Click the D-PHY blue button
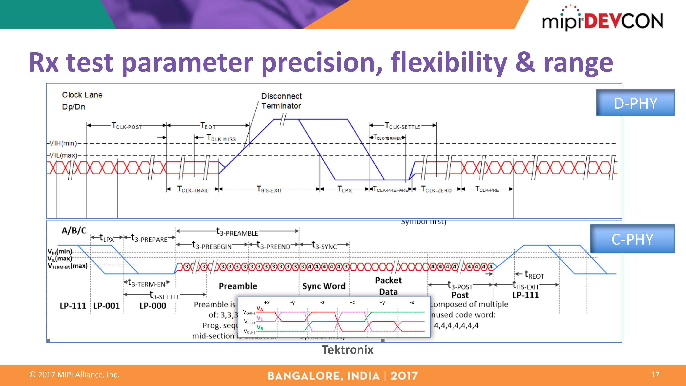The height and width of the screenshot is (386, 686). tap(635, 103)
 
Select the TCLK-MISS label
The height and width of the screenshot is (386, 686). tap(221, 138)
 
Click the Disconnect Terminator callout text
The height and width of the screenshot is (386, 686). tap(281, 101)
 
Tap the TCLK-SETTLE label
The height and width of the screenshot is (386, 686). tap(402, 126)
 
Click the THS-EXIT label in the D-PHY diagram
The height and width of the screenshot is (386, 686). tap(269, 190)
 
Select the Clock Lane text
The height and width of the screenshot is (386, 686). tap(82, 95)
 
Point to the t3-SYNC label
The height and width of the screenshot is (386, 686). tap(324, 245)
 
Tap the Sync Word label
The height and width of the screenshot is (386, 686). tap(324, 286)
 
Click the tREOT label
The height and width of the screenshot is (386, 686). tap(534, 274)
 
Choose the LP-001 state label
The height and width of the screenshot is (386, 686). tap(107, 306)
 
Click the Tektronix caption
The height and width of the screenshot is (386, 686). tap(348, 350)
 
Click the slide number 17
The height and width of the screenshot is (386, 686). tap(655, 375)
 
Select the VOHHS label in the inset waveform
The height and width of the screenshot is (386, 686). tap(249, 312)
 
